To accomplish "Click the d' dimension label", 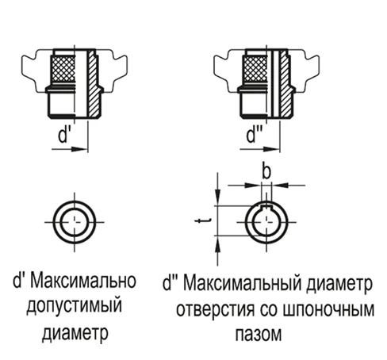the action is pos(63,136).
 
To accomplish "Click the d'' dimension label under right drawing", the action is pos(253,136).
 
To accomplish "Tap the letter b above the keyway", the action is pos(266,171).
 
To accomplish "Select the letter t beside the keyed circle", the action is pos(203,220).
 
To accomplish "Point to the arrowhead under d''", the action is pos(271,149).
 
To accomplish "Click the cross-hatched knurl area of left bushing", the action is pos(63,68).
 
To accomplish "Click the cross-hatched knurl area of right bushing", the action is pos(255,68).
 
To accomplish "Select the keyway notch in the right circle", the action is pos(266,206).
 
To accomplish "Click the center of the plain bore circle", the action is pos(75,222).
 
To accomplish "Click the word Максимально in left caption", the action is pos(83,281).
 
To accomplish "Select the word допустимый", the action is pos(75,306).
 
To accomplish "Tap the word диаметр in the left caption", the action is pos(75,332).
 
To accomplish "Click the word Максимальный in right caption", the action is pos(243,283).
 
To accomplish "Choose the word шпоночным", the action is pos(328,309).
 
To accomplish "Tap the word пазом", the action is pos(259,334).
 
